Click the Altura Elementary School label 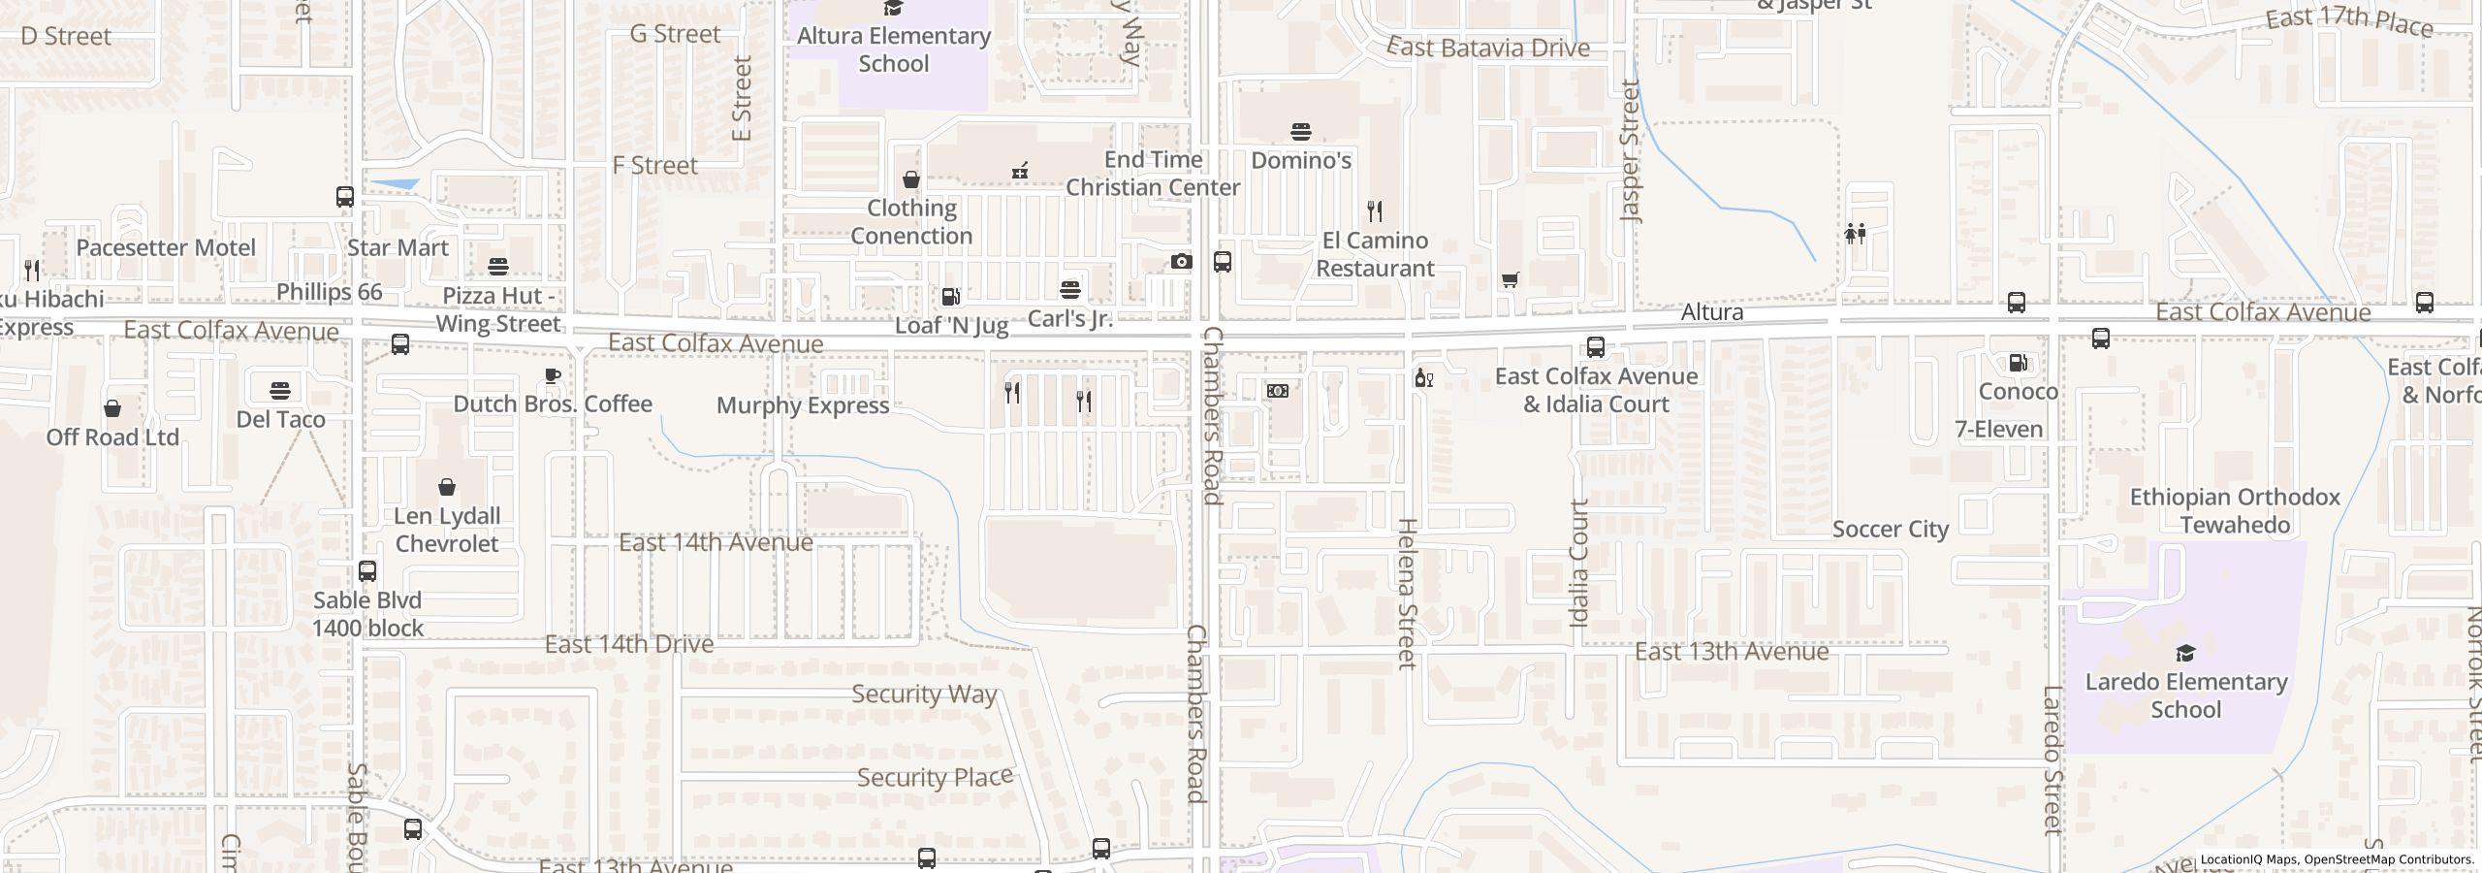click(893, 49)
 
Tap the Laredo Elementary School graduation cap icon click(2185, 653)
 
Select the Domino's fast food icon click(1301, 131)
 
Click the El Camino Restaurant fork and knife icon click(1374, 210)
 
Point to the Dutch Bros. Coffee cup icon click(553, 376)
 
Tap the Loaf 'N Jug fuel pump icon click(950, 296)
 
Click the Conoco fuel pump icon click(2018, 363)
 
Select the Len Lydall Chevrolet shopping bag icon click(447, 487)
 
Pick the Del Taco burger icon click(280, 391)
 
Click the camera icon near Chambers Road click(1181, 261)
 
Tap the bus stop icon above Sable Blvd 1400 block click(367, 571)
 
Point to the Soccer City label click(1890, 530)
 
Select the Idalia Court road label click(1579, 563)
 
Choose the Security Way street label click(924, 694)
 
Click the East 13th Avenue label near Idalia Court click(1732, 652)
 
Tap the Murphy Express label click(803, 405)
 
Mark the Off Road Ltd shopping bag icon click(112, 408)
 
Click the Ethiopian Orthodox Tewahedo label click(2235, 511)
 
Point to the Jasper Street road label click(1630, 151)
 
